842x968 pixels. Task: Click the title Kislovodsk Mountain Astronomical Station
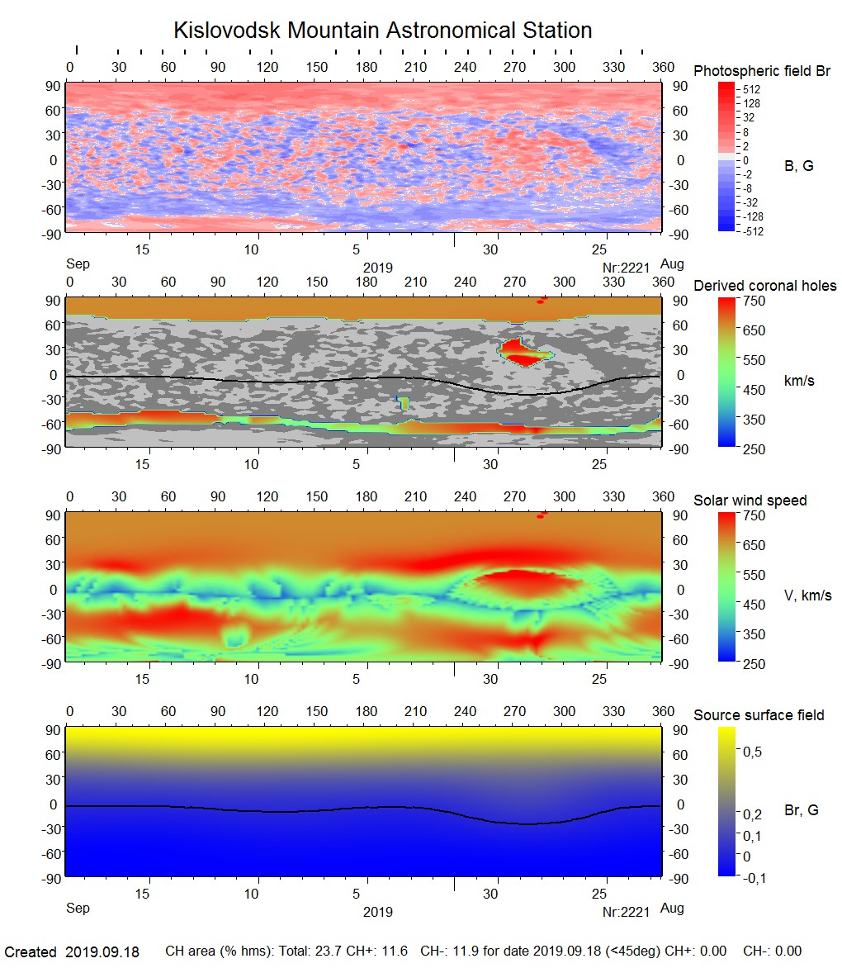(382, 31)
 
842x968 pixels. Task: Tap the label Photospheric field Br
(762, 71)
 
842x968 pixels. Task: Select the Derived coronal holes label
(764, 286)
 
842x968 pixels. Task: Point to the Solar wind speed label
(750, 501)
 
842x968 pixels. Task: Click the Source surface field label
(759, 715)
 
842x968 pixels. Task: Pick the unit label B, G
(798, 166)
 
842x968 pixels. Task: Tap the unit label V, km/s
(807, 596)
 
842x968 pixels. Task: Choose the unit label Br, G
(801, 810)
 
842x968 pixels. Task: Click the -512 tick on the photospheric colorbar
(752, 231)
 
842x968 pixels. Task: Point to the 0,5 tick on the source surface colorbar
(752, 752)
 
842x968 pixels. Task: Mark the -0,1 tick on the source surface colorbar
(752, 878)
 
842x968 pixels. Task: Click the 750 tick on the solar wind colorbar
(754, 515)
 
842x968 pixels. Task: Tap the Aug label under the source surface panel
(673, 909)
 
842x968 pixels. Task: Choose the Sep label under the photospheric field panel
(78, 264)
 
